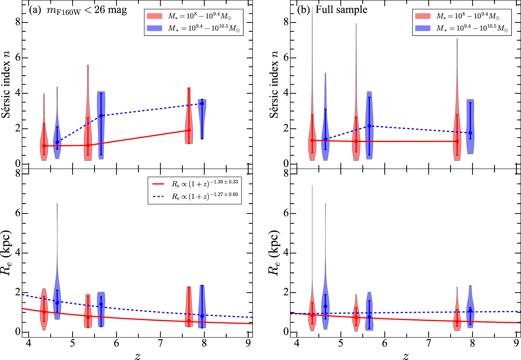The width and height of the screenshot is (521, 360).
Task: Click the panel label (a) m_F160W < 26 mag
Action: [x=78, y=10]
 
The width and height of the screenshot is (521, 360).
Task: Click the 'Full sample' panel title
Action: [x=341, y=9]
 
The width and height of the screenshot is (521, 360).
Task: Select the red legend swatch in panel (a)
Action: [x=154, y=16]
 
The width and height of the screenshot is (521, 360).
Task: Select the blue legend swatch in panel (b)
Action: [x=423, y=28]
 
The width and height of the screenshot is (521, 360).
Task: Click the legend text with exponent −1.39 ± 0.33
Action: [x=204, y=183]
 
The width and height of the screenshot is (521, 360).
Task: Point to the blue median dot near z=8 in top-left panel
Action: [x=202, y=104]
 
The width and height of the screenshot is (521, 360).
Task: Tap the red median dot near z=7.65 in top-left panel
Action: [x=189, y=130]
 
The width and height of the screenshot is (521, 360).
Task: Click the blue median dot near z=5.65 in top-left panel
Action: [x=101, y=116]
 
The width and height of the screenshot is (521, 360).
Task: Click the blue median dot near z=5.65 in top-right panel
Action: [x=369, y=126]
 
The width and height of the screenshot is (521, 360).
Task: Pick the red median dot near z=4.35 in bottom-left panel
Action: [x=44, y=312]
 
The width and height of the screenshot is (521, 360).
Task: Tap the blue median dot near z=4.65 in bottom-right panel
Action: [x=325, y=306]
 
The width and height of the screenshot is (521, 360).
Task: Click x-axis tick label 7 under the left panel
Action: [x=160, y=343]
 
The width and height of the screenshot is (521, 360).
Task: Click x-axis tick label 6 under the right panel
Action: [x=385, y=343]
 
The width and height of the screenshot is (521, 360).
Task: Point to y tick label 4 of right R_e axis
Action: [x=286, y=253]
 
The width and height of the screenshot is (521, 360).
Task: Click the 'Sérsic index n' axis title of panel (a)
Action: [x=6, y=84]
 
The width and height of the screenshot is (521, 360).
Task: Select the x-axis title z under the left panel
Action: [x=138, y=356]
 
